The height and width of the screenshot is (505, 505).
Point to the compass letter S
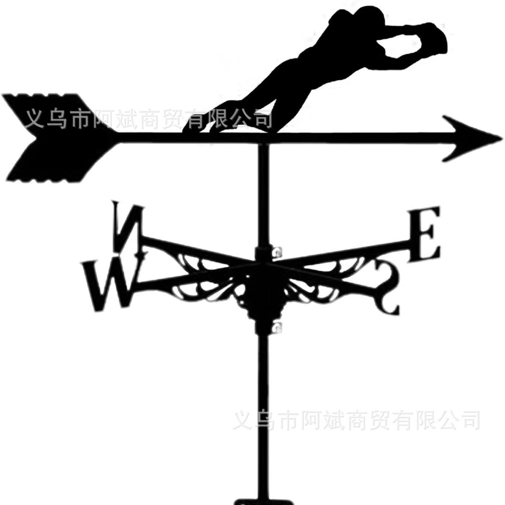[386, 288]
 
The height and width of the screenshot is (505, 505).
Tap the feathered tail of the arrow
[56, 137]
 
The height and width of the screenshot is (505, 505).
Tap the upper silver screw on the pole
[276, 253]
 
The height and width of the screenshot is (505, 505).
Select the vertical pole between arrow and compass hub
[263, 196]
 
